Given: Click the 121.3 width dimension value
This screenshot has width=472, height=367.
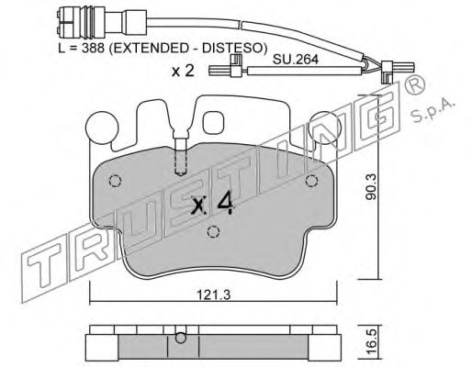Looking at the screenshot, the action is coord(213,295).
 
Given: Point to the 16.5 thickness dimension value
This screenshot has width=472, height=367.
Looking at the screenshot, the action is coord(371,342).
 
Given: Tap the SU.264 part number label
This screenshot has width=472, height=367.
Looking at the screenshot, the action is coord(296,59).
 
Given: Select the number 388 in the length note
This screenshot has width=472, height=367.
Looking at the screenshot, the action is coord(93,48).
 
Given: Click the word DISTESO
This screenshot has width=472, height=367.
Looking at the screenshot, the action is coord(232,48).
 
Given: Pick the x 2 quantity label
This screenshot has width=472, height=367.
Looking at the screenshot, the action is coord(183,71).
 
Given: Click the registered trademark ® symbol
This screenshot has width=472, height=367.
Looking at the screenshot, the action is coord(415,83).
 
